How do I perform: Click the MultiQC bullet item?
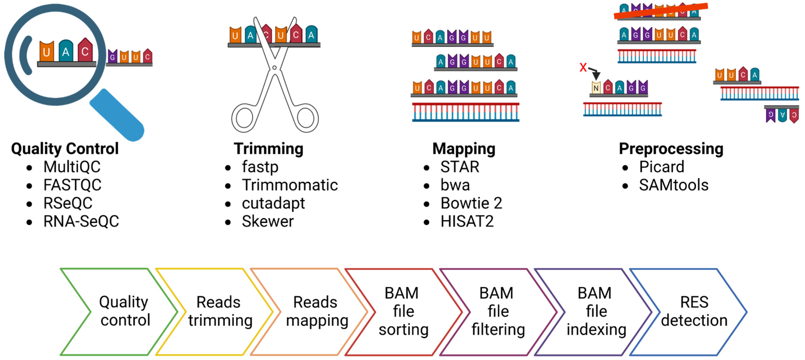pos(72,167)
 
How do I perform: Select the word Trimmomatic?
pos(290,185)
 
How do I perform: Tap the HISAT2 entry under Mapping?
pos(467,221)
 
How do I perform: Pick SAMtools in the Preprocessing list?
pos(673,185)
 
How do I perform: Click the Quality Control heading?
pos(65,149)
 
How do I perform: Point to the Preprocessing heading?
pos(671,149)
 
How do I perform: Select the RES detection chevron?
pos(694,311)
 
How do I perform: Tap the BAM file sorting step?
pos(403,311)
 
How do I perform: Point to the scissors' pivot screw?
pos(274,68)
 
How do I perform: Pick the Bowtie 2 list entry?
pos(471,203)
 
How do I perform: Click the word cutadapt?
pos(273,203)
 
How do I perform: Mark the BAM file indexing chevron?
pos(596,311)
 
